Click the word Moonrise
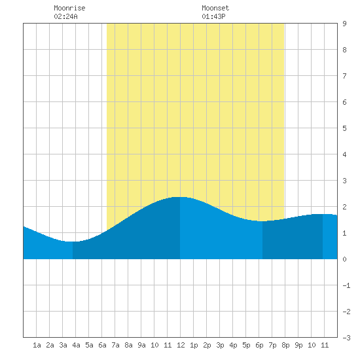click(x=69, y=8)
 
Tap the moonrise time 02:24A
click(x=65, y=16)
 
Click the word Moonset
click(x=215, y=8)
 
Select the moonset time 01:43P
click(x=213, y=16)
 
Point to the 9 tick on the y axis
click(x=344, y=24)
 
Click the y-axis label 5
click(x=344, y=128)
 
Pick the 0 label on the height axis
click(x=344, y=259)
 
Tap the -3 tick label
click(x=346, y=338)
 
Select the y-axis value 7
click(x=344, y=76)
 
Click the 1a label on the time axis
click(x=37, y=345)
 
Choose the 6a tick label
click(x=102, y=345)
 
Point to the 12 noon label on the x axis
click(x=181, y=345)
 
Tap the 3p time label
click(x=220, y=345)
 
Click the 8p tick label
click(x=285, y=345)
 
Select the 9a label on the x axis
click(x=141, y=345)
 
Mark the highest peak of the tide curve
click(x=180, y=197)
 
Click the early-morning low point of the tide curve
click(x=73, y=242)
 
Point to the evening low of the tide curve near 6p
click(x=262, y=221)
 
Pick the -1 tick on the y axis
click(x=346, y=285)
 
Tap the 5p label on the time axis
click(x=246, y=345)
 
